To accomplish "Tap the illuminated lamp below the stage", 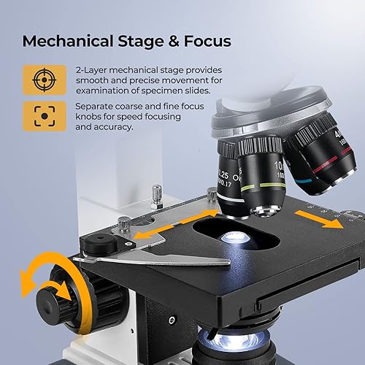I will point(223,338).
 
